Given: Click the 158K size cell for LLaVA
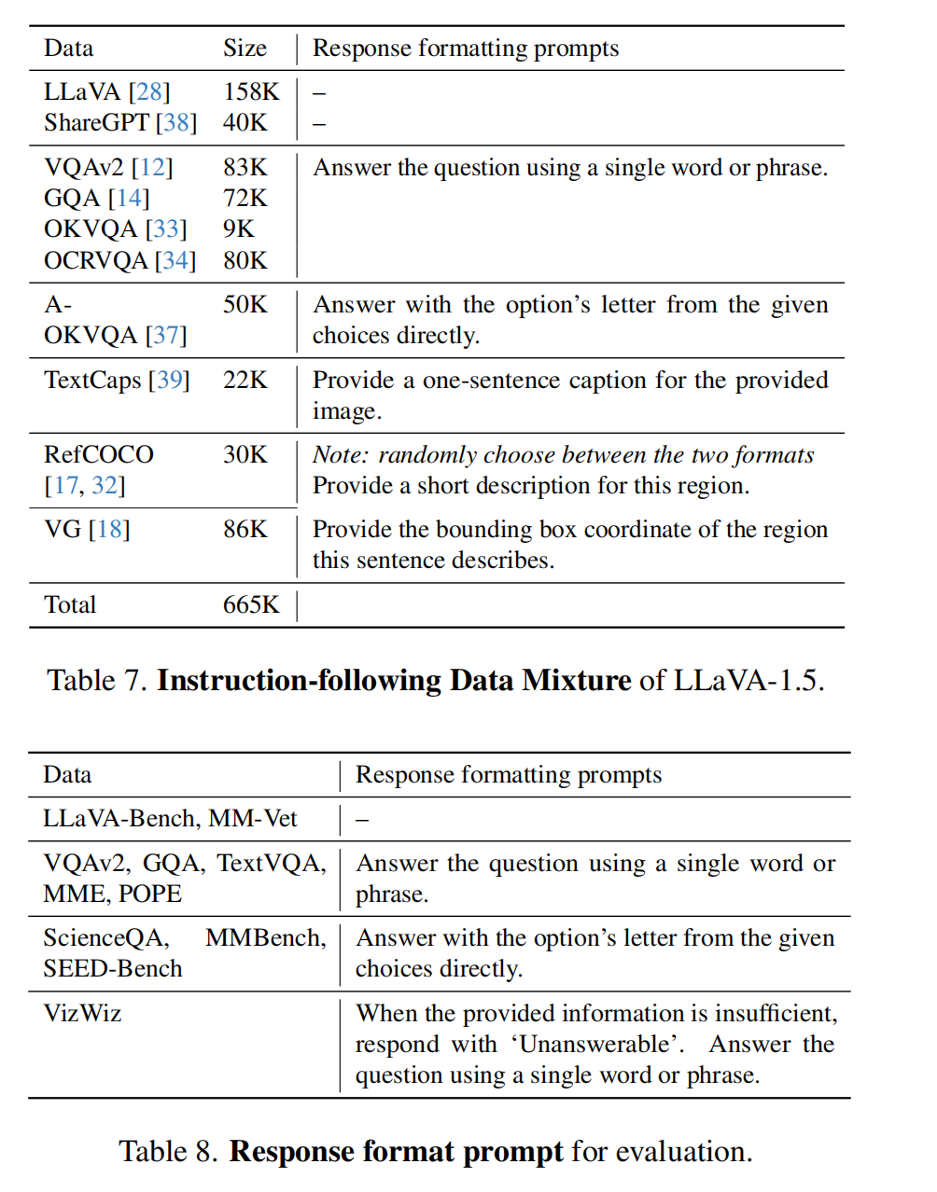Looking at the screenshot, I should click(251, 91).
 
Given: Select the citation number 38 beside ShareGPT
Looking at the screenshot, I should click(176, 122).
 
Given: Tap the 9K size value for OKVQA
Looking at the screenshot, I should click(238, 229).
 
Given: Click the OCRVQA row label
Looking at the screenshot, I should click(95, 260).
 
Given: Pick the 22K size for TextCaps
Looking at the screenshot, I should click(245, 380).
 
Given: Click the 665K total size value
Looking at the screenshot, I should click(251, 604).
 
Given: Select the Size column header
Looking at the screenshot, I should click(245, 49).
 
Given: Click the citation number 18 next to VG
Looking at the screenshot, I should click(109, 529).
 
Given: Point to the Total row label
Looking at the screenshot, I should click(70, 604).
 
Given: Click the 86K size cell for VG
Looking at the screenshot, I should click(245, 529).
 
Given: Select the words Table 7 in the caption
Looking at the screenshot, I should click(97, 680).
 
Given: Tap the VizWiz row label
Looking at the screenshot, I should click(82, 1013).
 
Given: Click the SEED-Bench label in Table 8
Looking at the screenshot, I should click(113, 968).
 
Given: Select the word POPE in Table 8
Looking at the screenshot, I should click(150, 894).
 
